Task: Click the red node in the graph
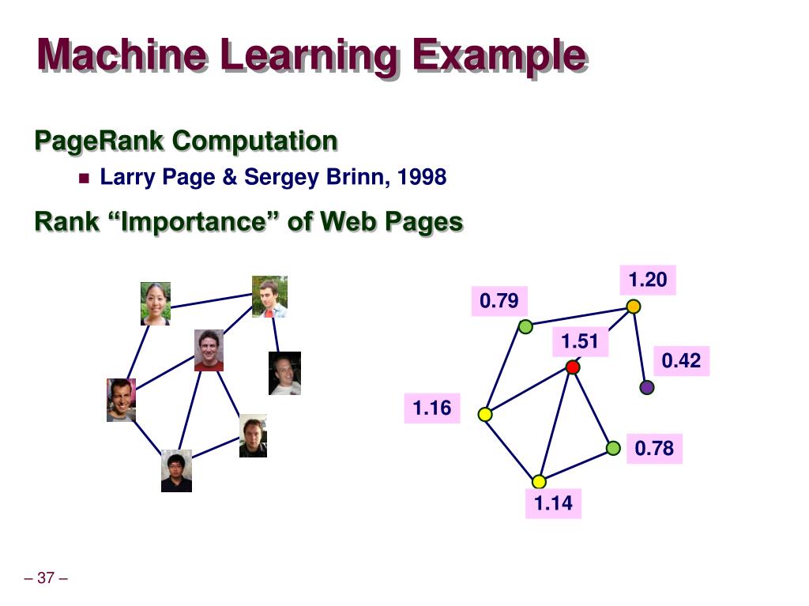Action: pyautogui.click(x=574, y=367)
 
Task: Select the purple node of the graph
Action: pyautogui.click(x=647, y=387)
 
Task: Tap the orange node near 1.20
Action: pyautogui.click(x=633, y=307)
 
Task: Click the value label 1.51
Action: pyautogui.click(x=581, y=342)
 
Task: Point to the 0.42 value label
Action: pyautogui.click(x=681, y=361)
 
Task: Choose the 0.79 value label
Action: pyautogui.click(x=499, y=301)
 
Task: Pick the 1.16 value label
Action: pyautogui.click(x=432, y=408)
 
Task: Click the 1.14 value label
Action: pyautogui.click(x=553, y=503)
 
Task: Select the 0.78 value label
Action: pyautogui.click(x=654, y=449)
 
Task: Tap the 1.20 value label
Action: pyautogui.click(x=648, y=280)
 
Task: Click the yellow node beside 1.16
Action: pyautogui.click(x=485, y=414)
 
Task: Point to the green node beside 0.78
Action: pyautogui.click(x=613, y=448)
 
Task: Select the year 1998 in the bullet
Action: pyautogui.click(x=422, y=177)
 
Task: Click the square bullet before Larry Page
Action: pyautogui.click(x=85, y=178)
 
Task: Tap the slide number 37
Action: pyautogui.click(x=46, y=578)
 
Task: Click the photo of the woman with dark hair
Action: pyautogui.click(x=156, y=303)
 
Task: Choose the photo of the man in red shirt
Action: pyautogui.click(x=209, y=350)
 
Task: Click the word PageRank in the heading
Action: pyautogui.click(x=100, y=141)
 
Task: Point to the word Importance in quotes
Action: pyautogui.click(x=197, y=222)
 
